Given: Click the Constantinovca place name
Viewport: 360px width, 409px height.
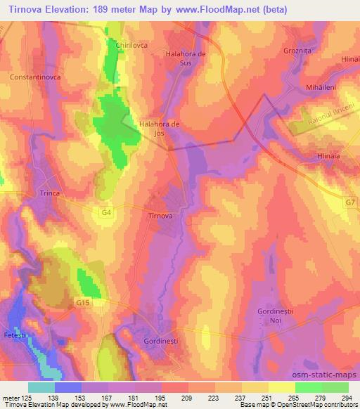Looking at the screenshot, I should (35, 74).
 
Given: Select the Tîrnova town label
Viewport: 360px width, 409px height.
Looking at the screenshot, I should (160, 216).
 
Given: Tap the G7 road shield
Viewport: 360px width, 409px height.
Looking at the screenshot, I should (349, 202).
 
